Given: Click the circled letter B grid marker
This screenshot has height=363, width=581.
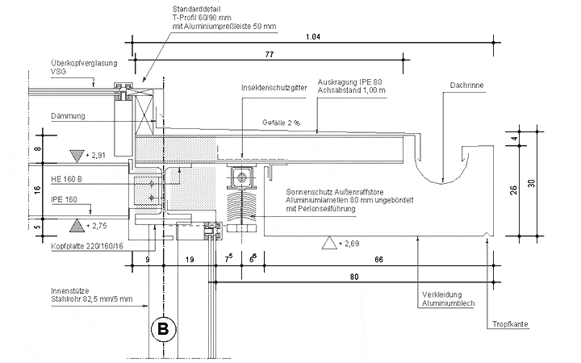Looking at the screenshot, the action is click(163, 329).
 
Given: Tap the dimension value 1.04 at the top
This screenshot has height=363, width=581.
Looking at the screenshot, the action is click(313, 36).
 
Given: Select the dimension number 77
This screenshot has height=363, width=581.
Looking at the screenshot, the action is click(270, 55).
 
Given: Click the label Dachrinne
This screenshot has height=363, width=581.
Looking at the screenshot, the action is click(466, 86).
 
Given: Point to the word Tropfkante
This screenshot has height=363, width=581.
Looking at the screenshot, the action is click(510, 324).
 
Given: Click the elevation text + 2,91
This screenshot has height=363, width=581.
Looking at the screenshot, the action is click(95, 156).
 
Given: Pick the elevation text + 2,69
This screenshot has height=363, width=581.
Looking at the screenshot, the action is click(349, 244).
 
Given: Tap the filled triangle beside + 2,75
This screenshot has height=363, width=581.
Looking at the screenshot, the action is click(77, 226).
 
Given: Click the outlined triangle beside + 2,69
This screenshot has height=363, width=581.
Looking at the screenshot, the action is click(329, 243).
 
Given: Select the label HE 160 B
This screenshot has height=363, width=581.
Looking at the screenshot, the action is click(66, 179).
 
